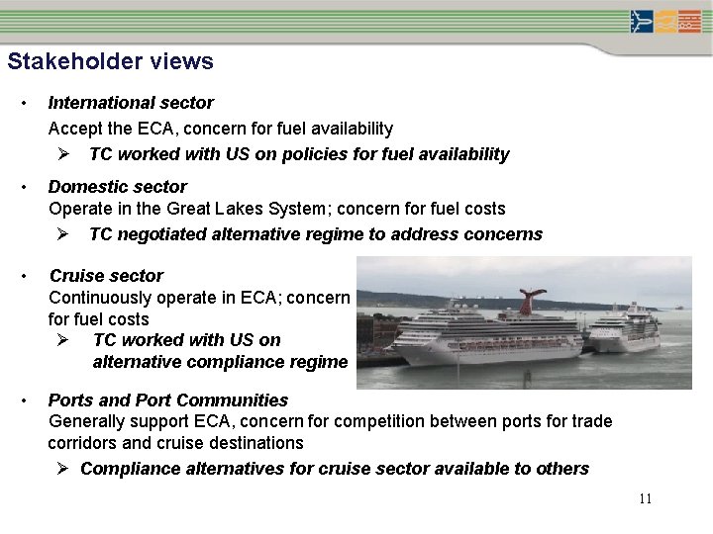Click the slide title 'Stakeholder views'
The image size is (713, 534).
point(110,61)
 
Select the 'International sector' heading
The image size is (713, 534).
point(131,102)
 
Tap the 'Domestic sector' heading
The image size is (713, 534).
point(117,186)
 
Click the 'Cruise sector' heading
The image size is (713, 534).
point(106,275)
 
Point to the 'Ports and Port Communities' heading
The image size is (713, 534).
point(168,400)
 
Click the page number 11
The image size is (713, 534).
point(645,498)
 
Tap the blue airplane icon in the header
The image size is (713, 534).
point(642,21)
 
